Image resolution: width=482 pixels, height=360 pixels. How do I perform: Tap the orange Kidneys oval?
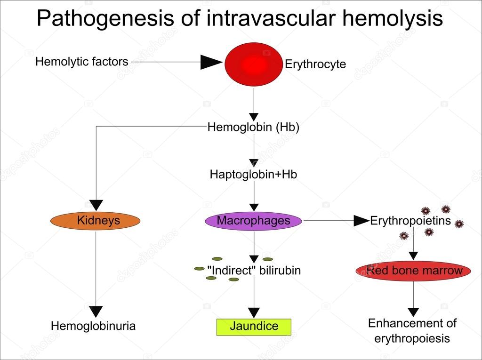[x=96, y=221]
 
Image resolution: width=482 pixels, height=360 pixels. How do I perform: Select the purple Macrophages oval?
[x=253, y=221]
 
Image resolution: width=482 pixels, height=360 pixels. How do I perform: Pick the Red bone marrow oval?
[x=414, y=271]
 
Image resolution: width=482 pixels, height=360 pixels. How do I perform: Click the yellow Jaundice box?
[x=254, y=327]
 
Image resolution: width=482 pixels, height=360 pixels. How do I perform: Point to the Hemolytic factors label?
[x=81, y=62]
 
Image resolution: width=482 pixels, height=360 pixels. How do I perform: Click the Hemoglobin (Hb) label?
[x=253, y=127]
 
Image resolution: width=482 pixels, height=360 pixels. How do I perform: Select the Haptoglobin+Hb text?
[x=253, y=174]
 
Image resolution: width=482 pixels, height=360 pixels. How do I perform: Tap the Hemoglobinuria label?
[x=93, y=326]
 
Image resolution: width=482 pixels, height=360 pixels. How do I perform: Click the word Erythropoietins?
[x=410, y=221]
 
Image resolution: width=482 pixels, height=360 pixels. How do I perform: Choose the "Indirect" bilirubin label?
[x=254, y=271]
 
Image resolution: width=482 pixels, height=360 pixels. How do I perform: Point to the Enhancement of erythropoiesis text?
[x=412, y=331]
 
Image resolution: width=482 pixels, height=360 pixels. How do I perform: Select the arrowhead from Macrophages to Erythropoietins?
[x=361, y=220]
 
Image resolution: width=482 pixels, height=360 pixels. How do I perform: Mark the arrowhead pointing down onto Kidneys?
[x=96, y=205]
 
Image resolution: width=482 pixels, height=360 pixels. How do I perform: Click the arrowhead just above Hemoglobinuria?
[x=96, y=311]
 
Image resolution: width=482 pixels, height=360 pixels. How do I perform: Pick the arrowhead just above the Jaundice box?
[x=254, y=312]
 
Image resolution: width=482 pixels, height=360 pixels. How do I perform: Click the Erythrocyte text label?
[x=315, y=64]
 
